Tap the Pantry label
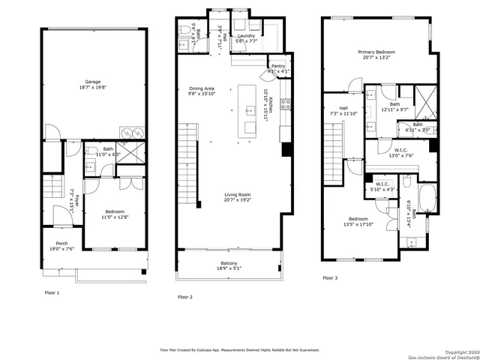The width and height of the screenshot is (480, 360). (277, 67)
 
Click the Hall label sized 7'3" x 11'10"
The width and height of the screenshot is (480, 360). (343, 111)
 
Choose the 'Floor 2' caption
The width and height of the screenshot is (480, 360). (185, 298)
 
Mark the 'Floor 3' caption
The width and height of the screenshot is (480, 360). (330, 277)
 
